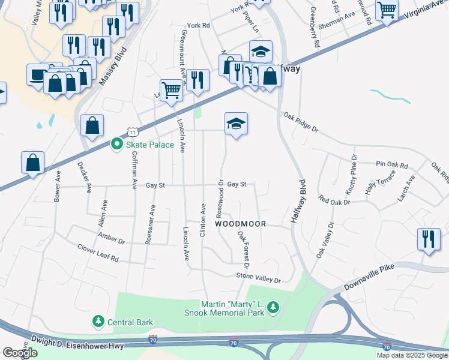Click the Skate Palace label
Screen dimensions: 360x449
tap(149, 145)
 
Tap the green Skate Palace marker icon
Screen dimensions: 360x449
tap(117, 145)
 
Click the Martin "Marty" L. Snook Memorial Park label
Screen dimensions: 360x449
tap(232, 308)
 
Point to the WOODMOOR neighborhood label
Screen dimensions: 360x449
tap(241, 223)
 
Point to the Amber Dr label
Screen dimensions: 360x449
tap(110, 241)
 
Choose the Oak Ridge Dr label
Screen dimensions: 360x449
tap(300, 122)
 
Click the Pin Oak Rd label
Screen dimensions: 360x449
tap(391, 164)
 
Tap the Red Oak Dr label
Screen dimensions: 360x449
tap(334, 201)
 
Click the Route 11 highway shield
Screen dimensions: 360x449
tap(131, 131)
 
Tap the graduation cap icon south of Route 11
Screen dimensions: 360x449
tap(236, 124)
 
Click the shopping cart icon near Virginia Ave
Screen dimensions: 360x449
tap(387, 10)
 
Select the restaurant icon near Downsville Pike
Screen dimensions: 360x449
tap(429, 239)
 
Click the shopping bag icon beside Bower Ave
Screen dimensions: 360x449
tap(32, 163)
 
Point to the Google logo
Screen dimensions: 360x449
tap(20, 353)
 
